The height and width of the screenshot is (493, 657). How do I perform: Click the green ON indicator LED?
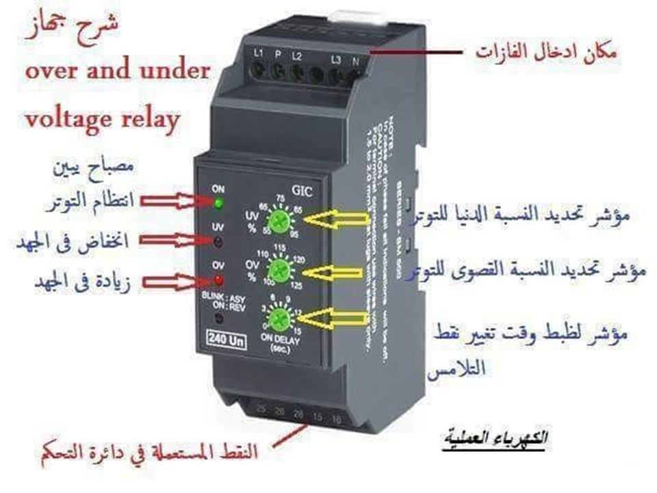pos(219,203)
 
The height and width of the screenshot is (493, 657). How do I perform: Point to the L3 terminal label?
pos(335,58)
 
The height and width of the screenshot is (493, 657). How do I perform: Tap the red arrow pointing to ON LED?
pos(175,201)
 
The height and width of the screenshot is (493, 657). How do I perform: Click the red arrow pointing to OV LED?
pos(175,280)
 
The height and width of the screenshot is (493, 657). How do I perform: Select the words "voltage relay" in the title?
pos(103,119)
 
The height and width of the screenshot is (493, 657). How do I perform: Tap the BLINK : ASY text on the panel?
pos(223,299)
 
